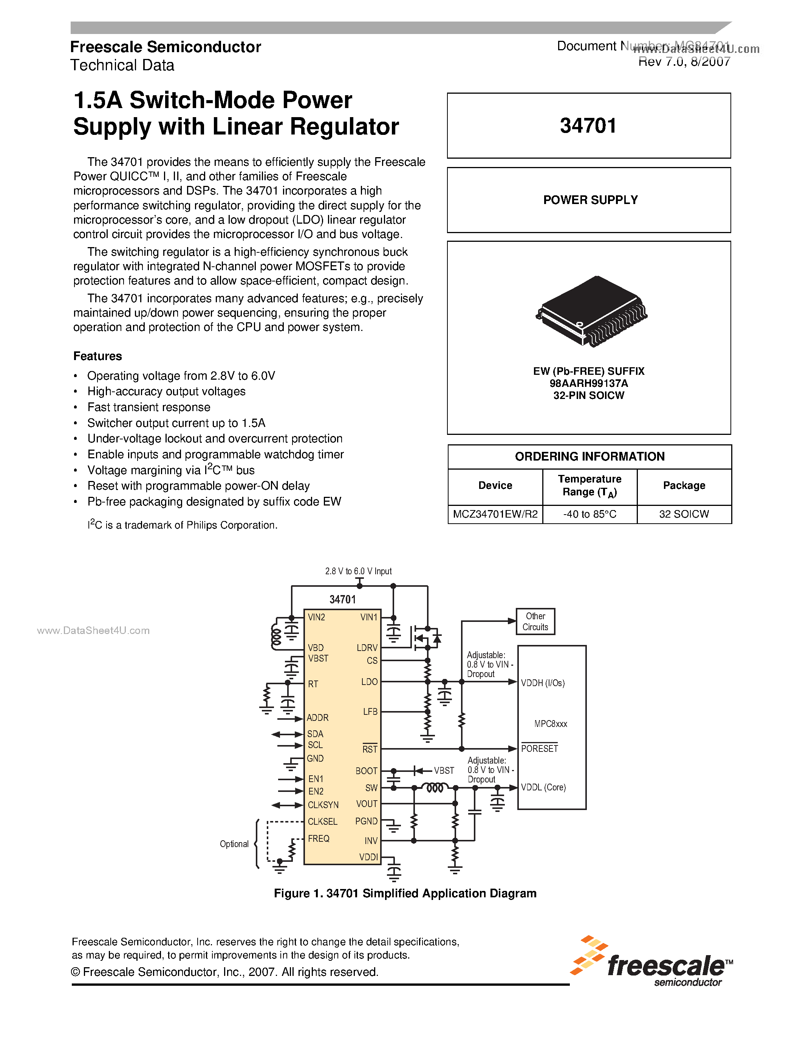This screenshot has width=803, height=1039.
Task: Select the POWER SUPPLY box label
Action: point(590,200)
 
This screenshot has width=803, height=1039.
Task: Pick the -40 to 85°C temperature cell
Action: point(589,514)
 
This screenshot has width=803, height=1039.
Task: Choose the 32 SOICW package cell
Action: point(684,514)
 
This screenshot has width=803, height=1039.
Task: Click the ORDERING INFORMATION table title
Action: point(589,457)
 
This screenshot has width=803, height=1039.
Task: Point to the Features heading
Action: point(97,356)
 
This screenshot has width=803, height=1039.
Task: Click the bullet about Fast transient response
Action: point(149,407)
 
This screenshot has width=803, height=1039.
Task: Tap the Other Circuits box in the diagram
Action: point(535,621)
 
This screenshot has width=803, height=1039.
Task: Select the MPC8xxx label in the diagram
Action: point(551,724)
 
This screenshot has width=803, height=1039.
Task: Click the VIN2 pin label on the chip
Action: point(316,617)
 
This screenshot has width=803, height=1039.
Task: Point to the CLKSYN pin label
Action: point(323,805)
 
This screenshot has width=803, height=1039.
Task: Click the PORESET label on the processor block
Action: point(540,749)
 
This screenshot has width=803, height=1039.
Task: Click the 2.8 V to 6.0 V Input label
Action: point(358,571)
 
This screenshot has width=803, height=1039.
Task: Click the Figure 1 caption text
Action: point(405,894)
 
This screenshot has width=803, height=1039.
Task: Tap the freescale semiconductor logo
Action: point(652,962)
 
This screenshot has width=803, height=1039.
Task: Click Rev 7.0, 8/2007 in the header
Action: point(684,61)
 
